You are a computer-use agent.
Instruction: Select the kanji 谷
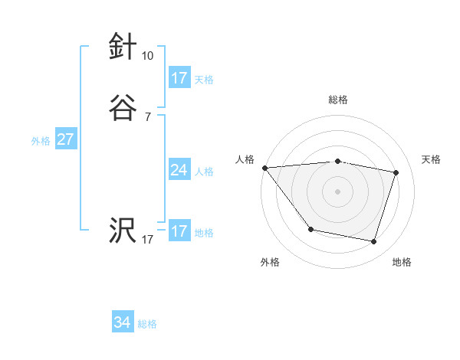coord(123,107)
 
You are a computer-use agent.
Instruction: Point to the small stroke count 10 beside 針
coord(147,56)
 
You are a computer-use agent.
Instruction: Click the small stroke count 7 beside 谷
coord(147,117)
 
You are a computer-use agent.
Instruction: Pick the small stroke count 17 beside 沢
coord(147,240)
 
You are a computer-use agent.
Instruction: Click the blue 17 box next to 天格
coord(179,78)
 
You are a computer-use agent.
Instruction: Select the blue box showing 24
coord(179,170)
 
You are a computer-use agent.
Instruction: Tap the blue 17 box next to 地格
coord(179,231)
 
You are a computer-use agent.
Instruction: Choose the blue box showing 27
coord(65,139)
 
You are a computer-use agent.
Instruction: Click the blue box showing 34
coord(123,322)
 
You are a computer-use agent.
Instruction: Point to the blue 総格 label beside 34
coord(147,324)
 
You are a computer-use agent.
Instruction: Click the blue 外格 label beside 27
coord(41,141)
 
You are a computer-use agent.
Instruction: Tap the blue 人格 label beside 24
coord(204,172)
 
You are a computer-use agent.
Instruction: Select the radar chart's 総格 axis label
coord(338,100)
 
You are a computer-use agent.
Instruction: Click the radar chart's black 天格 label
coord(432,159)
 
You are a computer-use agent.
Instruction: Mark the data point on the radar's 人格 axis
coord(264,168)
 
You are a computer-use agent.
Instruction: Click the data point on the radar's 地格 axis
coord(374,242)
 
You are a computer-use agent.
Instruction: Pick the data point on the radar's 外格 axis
coord(310,229)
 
